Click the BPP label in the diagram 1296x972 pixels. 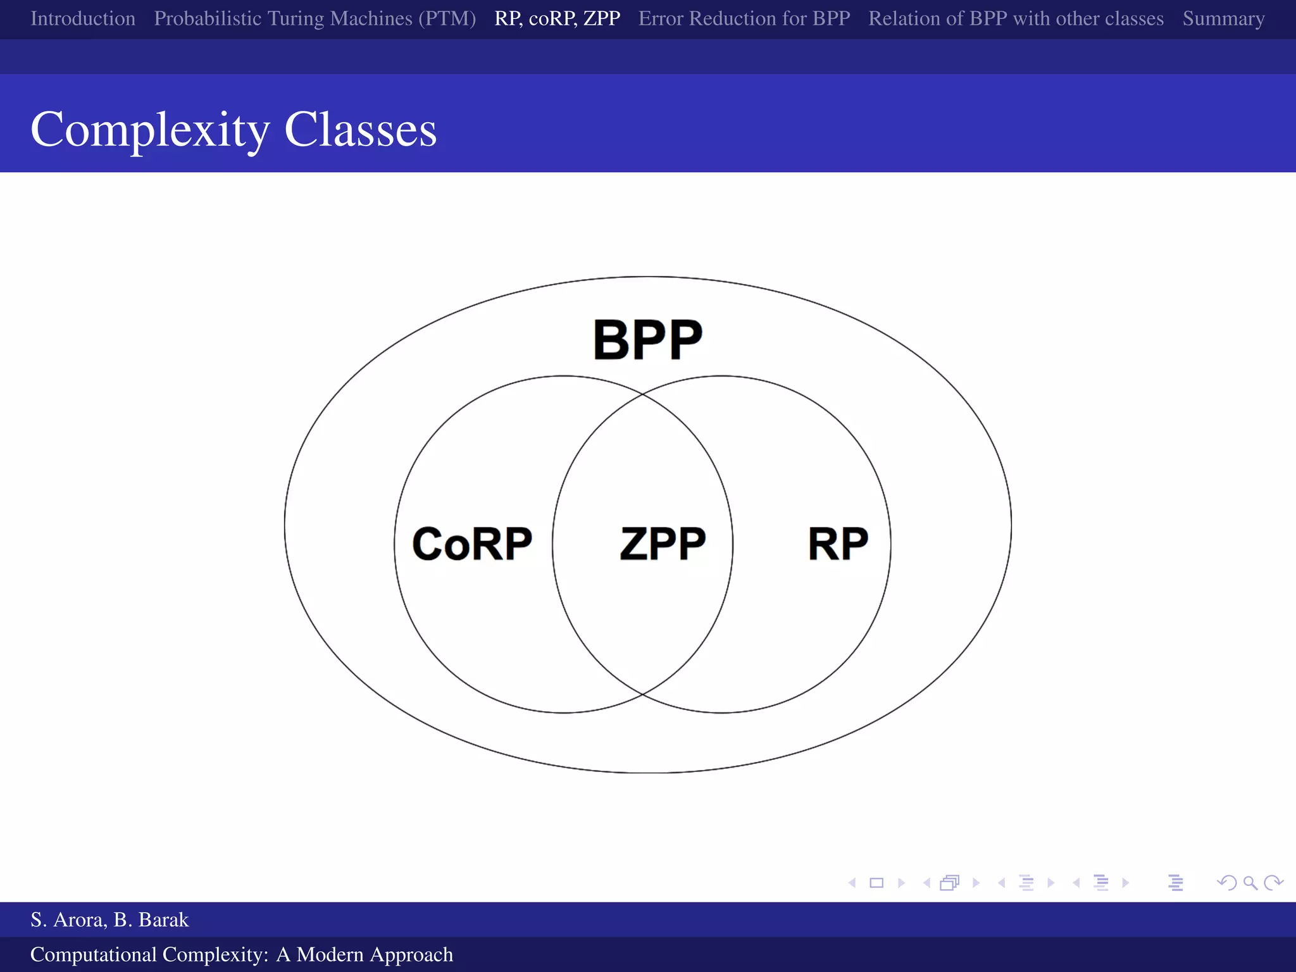(647, 340)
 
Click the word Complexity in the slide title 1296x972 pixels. (150, 130)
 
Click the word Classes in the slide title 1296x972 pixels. (360, 130)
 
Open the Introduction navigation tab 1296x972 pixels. (83, 18)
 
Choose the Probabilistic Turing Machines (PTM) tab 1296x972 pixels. (315, 18)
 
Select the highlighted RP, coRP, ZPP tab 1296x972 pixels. (557, 18)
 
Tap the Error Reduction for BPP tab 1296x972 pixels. (744, 18)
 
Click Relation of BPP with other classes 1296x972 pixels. (1016, 18)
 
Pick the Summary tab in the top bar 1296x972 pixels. (1223, 18)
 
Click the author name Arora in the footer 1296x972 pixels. (80, 919)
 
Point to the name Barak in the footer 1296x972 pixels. (163, 919)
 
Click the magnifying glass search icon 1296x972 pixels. (1250, 883)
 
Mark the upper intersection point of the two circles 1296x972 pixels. (642, 394)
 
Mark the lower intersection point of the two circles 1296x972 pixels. (642, 694)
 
